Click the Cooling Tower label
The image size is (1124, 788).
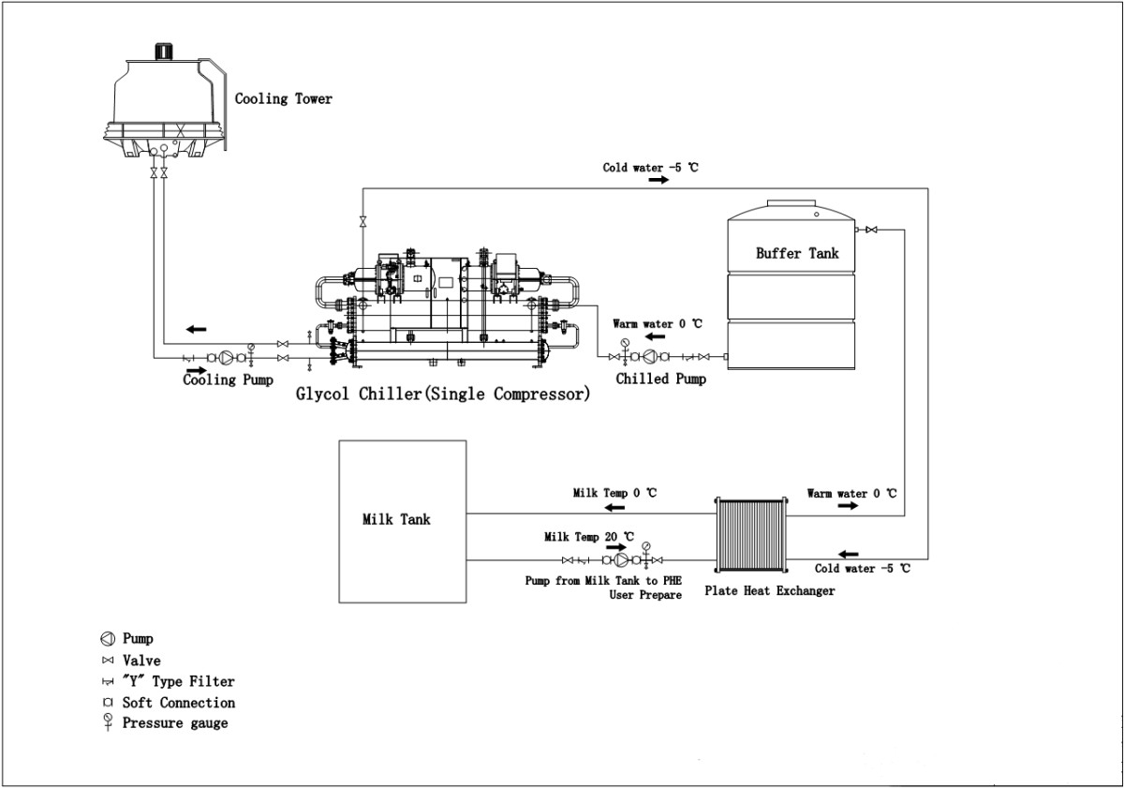point(283,98)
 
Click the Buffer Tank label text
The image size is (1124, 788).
point(797,253)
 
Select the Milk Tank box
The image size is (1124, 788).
point(402,521)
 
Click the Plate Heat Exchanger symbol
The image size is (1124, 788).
point(749,534)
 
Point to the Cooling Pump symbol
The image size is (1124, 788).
point(225,358)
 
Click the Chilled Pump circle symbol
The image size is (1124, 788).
point(649,356)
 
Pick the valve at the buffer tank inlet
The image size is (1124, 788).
point(871,230)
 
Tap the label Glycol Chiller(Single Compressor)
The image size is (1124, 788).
point(443,394)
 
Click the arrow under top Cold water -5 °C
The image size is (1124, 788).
point(658,180)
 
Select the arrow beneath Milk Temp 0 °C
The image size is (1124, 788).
point(614,507)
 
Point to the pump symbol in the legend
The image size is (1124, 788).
point(108,639)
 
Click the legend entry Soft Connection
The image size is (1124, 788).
point(178,703)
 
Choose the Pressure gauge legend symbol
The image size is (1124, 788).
point(108,721)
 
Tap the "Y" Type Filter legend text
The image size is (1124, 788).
point(178,681)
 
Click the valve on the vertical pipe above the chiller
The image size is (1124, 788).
point(362,221)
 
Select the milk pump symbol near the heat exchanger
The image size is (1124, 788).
point(621,560)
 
